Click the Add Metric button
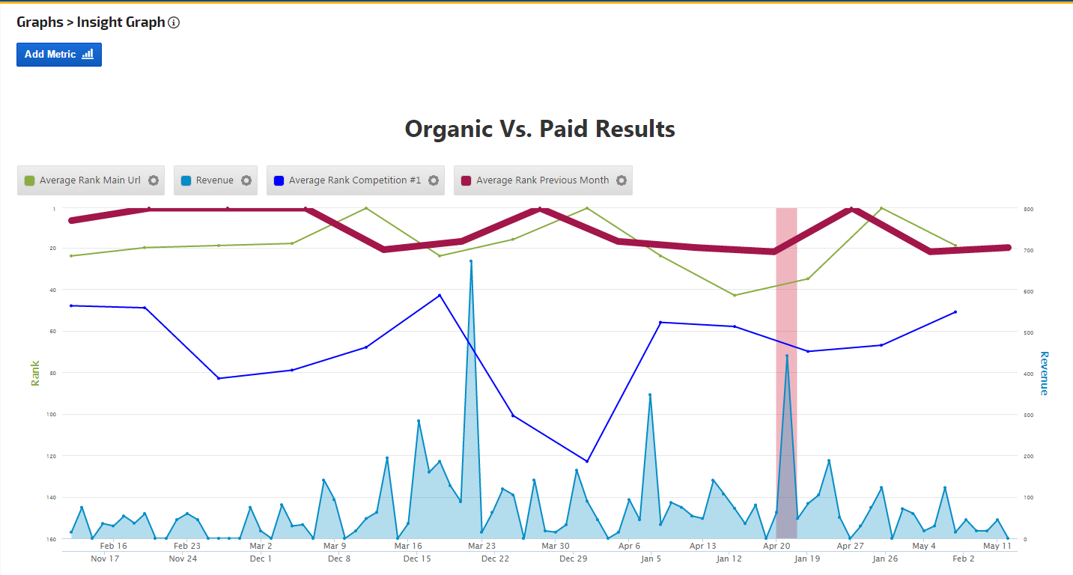coord(58,55)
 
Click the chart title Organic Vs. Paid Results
coord(540,129)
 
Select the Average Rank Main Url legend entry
coord(83,180)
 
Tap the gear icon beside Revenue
coord(246,180)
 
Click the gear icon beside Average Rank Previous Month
coord(621,180)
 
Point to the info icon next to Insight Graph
coord(174,22)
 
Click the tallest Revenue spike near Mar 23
coord(471,261)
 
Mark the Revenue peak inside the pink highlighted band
coord(787,356)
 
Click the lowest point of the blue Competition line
coord(587,461)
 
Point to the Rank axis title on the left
coord(35,373)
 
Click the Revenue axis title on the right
coord(1044,373)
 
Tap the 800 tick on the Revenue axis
coord(1029,209)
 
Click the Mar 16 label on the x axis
coord(408,547)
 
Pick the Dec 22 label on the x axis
coord(495,559)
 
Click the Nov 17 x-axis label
coord(105,559)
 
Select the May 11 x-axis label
coord(997,547)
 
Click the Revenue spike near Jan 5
coord(650,395)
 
